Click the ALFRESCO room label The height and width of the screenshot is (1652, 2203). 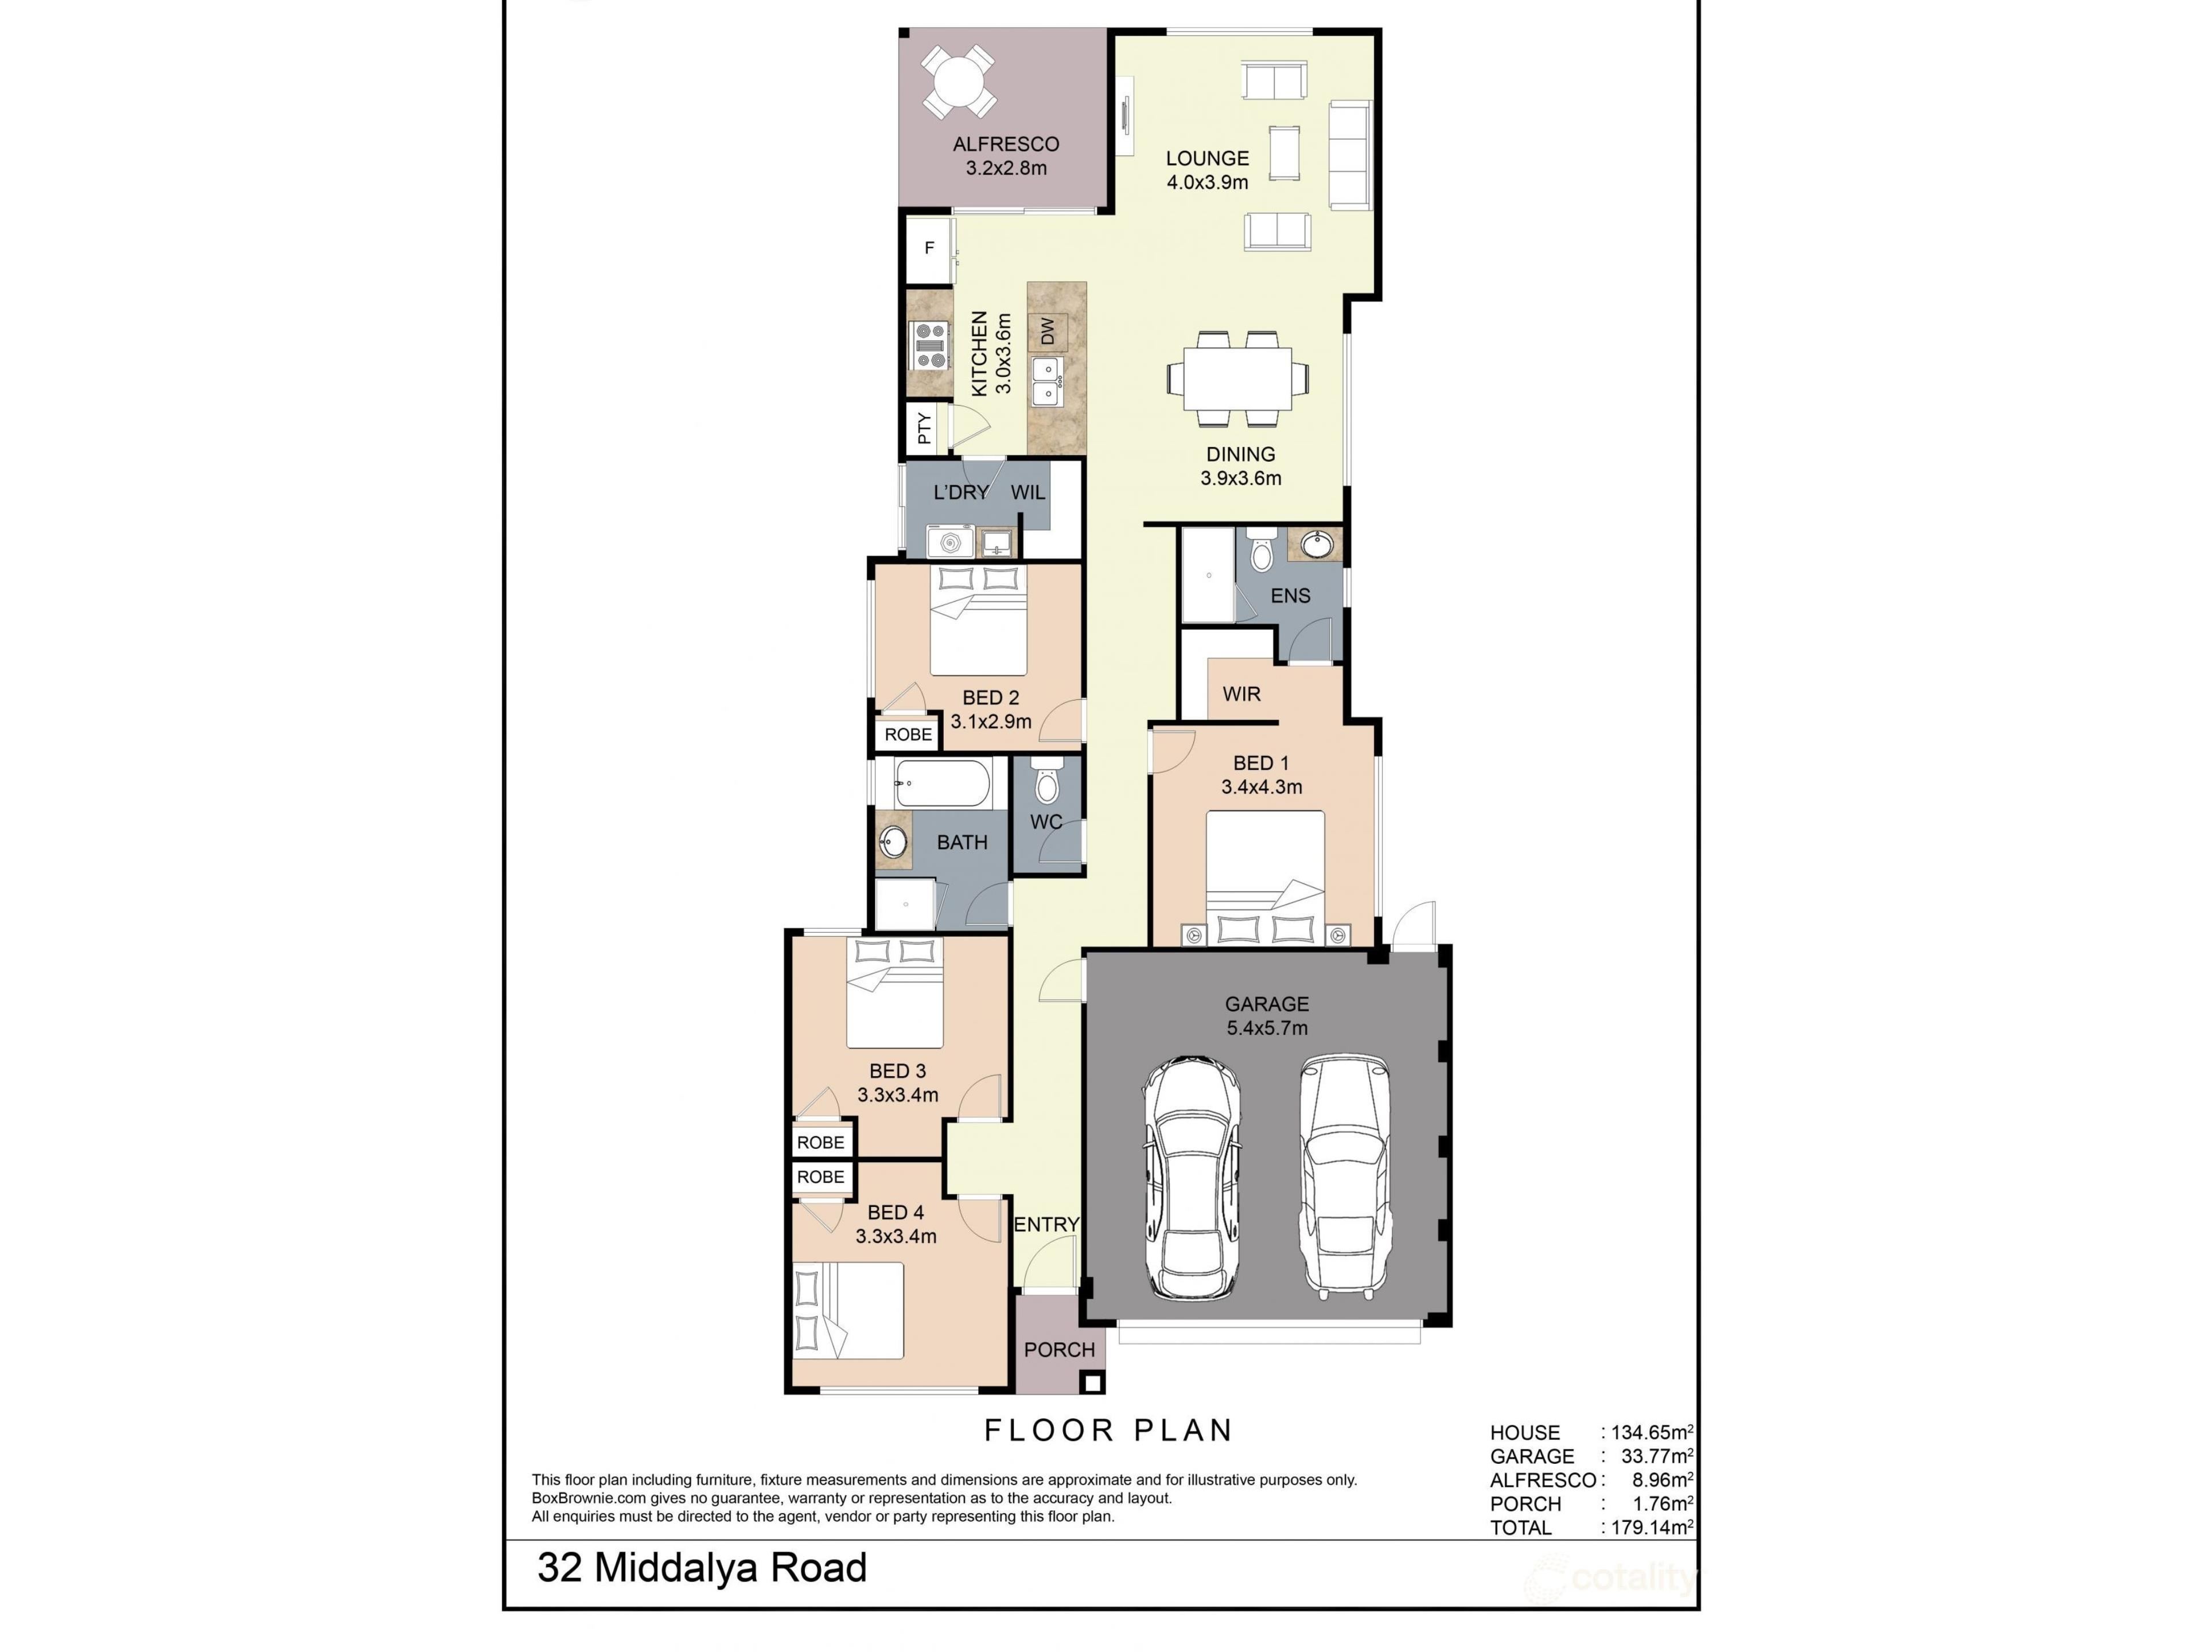pyautogui.click(x=1006, y=145)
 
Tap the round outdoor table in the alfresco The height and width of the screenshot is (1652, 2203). pyautogui.click(x=957, y=81)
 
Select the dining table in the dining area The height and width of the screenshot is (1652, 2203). pyautogui.click(x=1238, y=379)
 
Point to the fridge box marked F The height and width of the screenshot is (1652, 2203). pyautogui.click(x=929, y=248)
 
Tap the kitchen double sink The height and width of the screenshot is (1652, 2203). pyautogui.click(x=1047, y=381)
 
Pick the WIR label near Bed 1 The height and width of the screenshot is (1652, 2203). pyautogui.click(x=1242, y=694)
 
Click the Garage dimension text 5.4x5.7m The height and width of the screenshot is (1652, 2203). pyautogui.click(x=1267, y=1028)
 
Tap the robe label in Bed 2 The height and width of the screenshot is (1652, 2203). pyautogui.click(x=908, y=735)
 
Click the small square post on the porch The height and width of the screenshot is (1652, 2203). pyautogui.click(x=1092, y=1382)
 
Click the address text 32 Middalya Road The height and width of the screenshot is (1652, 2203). pyautogui.click(x=702, y=1568)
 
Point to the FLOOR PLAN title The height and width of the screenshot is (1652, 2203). pyautogui.click(x=1108, y=1431)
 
